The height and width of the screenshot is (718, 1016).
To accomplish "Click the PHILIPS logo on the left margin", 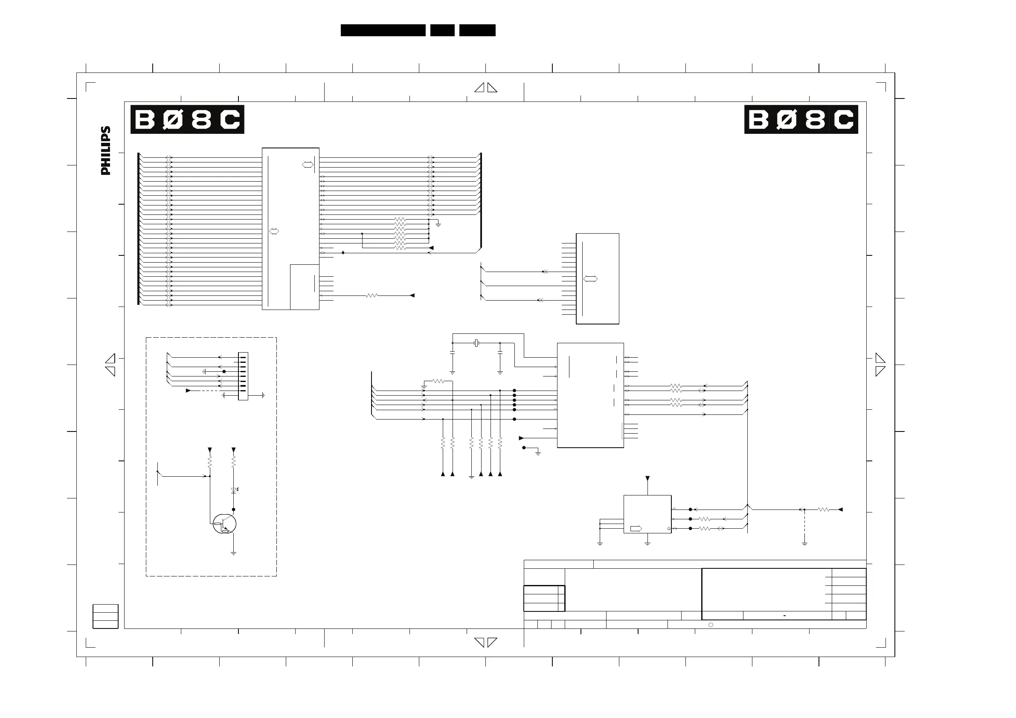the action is pos(106,151).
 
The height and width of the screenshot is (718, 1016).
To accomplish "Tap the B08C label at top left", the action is pos(187,119).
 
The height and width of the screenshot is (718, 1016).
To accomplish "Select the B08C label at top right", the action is pos(801,119).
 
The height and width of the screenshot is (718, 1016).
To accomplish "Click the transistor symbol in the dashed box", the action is pos(224,524).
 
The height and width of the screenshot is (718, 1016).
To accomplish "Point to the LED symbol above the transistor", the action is pos(234,490).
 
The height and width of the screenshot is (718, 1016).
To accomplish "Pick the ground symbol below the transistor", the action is pos(234,553).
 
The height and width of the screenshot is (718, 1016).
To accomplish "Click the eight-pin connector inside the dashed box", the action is pos(243,376).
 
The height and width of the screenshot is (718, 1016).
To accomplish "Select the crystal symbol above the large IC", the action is pos(476,343).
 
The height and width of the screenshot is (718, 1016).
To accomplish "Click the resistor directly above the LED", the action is pos(234,462).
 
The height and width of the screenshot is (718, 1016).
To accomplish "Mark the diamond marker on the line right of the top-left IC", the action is pos(343,252).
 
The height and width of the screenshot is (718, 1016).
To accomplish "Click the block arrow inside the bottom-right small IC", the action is pos(636,529).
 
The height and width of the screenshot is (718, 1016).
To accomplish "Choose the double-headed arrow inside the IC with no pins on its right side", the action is pos(591,279).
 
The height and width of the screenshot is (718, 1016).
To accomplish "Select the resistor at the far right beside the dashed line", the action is pos(823,510).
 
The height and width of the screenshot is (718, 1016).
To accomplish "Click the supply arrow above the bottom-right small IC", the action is pos(648,479).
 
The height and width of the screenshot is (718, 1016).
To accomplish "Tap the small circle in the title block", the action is pos(711,625).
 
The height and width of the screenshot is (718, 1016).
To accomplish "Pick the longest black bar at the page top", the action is pos(383,30).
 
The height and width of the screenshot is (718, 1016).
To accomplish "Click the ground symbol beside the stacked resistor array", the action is pos(438,225).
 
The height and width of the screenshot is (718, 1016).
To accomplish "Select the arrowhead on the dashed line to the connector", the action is pos(189,391).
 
